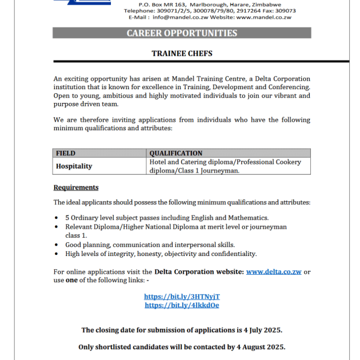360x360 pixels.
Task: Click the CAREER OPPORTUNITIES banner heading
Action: point(182,33)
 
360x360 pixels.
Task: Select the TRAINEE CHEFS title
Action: point(182,54)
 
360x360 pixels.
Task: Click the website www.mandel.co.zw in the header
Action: point(263,18)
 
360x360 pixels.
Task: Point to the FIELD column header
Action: point(66,153)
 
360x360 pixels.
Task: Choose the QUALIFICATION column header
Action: point(176,153)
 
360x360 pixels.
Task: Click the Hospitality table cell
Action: point(74,166)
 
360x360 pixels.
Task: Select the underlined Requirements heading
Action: point(76,187)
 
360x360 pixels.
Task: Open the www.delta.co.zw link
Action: point(274,272)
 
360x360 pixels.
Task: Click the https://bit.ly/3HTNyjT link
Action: point(182,297)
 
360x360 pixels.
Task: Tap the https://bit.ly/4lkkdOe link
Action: point(182,305)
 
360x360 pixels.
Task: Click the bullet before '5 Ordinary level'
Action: point(57,218)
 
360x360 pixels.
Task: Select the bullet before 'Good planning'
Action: point(57,245)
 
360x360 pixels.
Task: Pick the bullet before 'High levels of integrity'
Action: point(57,254)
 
